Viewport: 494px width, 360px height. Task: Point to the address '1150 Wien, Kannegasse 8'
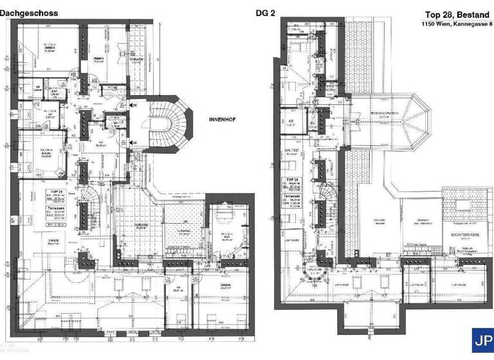point(455,24)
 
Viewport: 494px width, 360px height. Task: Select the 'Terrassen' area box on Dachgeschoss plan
point(55,212)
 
